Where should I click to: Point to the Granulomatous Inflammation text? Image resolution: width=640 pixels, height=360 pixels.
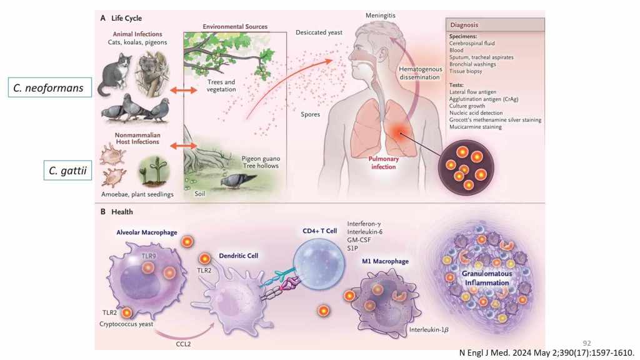pyautogui.click(x=485, y=278)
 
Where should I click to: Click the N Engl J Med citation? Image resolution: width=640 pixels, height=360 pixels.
pyautogui.click(x=546, y=353)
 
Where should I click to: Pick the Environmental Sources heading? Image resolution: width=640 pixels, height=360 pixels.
pyautogui.click(x=234, y=27)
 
